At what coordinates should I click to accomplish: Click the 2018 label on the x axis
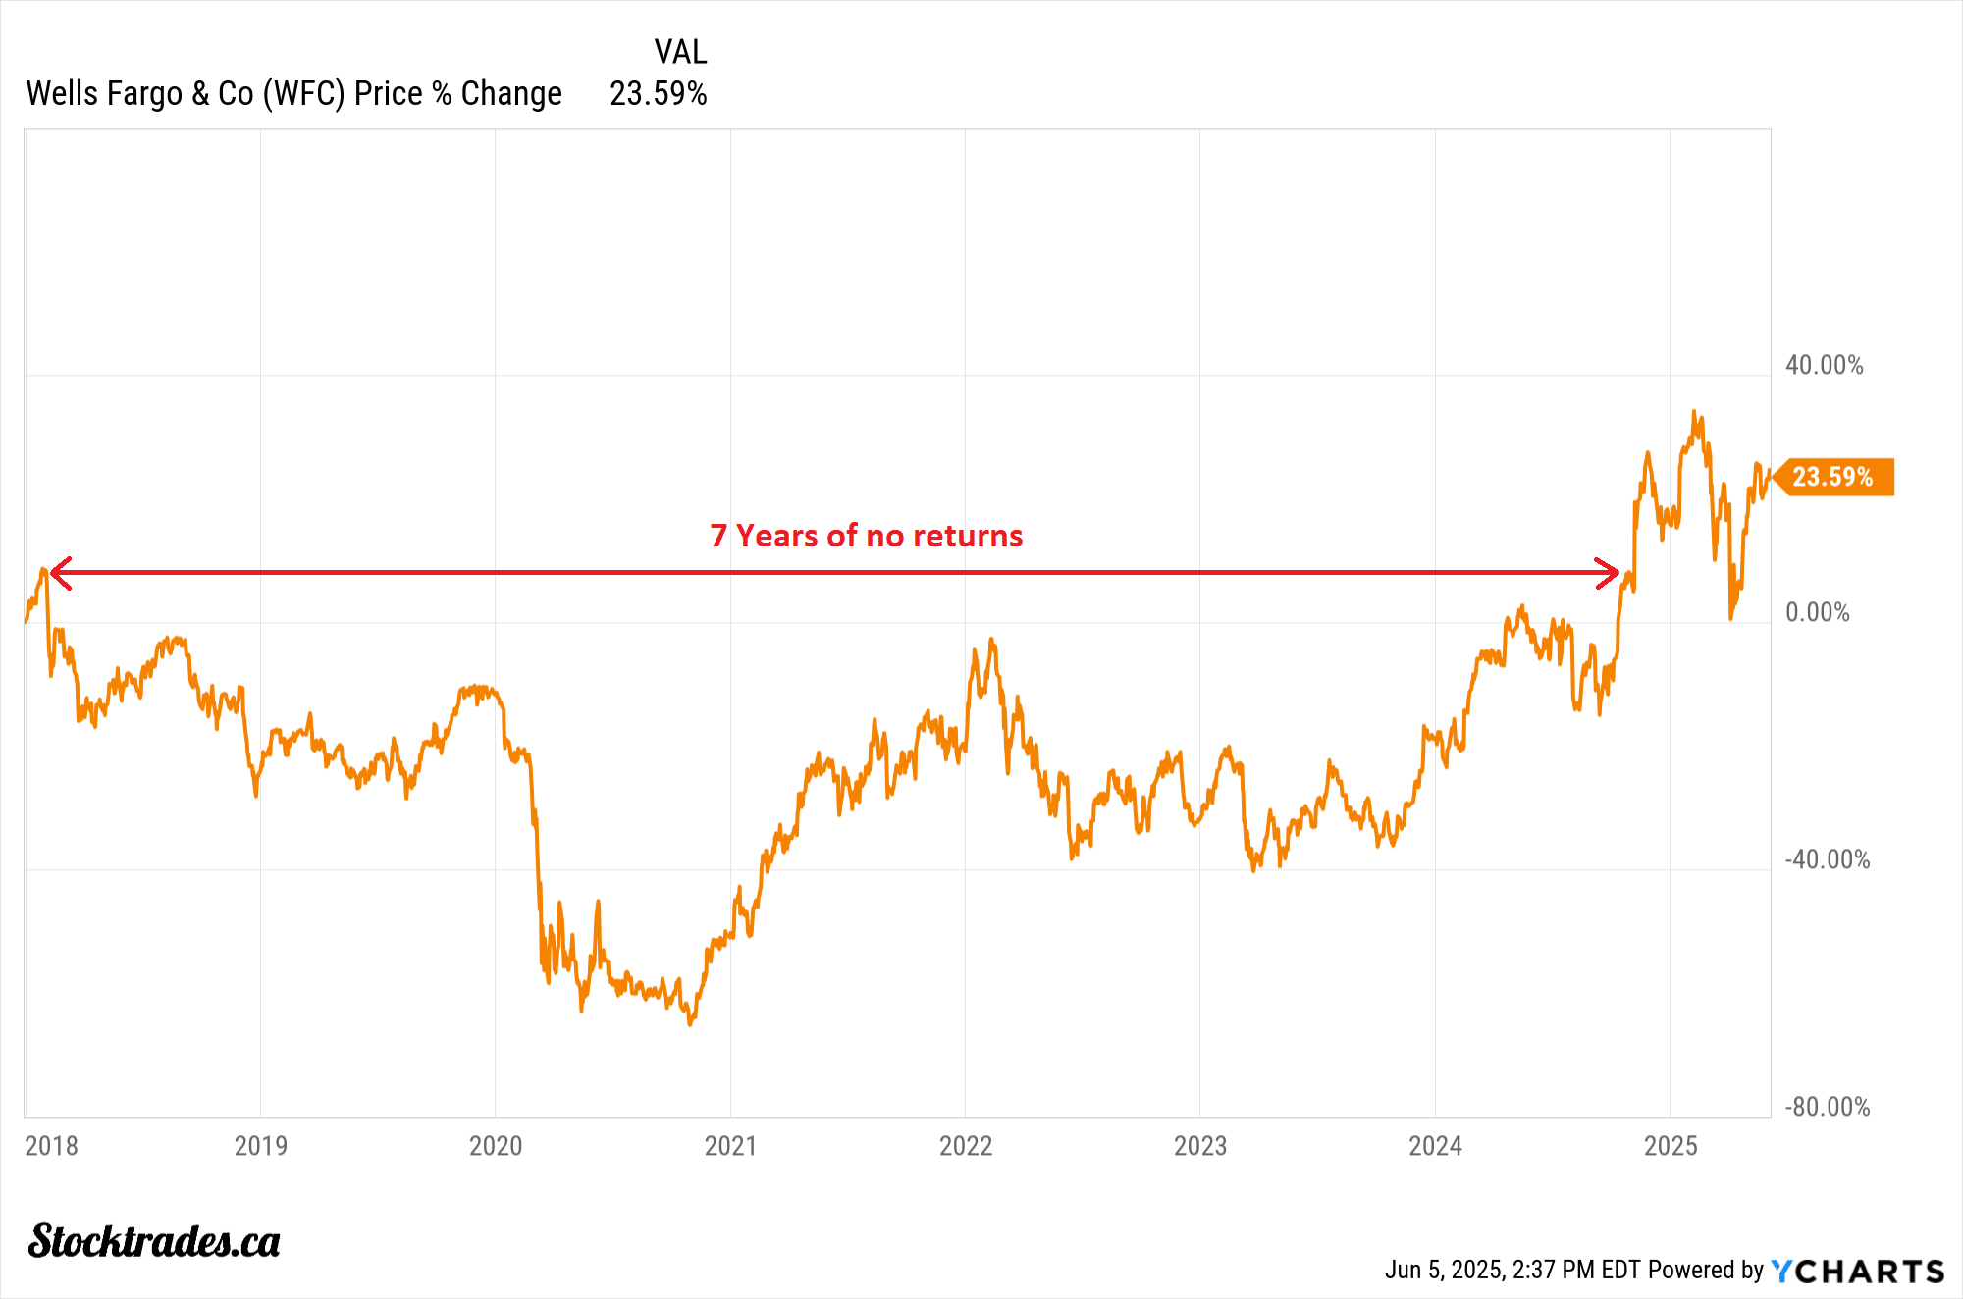tap(51, 1145)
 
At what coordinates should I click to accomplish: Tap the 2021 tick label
tap(730, 1145)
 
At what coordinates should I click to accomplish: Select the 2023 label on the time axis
tap(1200, 1145)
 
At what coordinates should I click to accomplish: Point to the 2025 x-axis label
tap(1671, 1145)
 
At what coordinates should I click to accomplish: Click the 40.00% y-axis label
tap(1824, 365)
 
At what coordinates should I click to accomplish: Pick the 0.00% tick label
tap(1817, 612)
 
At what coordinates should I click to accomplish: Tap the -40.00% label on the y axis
tap(1827, 859)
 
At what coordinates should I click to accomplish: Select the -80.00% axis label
tap(1827, 1107)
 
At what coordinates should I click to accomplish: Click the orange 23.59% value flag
tap(1833, 477)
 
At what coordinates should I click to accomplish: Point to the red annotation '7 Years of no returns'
tap(866, 536)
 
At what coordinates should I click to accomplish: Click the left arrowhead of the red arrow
tap(59, 572)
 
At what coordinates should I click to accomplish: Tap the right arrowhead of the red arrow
tap(1609, 572)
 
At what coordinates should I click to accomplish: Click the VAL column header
tap(680, 51)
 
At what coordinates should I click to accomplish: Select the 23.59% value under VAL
tap(658, 94)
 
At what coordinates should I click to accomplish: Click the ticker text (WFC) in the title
tap(303, 94)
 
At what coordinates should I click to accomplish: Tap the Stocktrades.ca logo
tap(154, 1241)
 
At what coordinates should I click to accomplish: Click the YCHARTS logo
tap(1857, 1272)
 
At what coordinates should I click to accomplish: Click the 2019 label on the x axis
tap(261, 1145)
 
